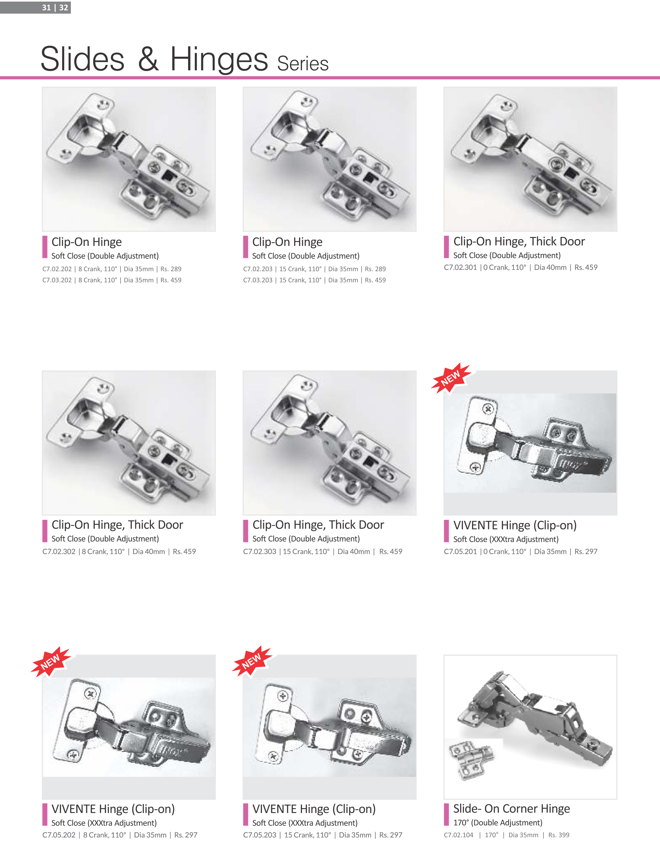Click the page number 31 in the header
pyautogui.click(x=46, y=7)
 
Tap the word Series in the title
pyautogui.click(x=303, y=64)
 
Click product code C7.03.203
pyautogui.click(x=258, y=280)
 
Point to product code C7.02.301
pyautogui.click(x=460, y=267)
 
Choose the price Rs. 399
pyautogui.click(x=559, y=835)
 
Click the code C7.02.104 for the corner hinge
pyautogui.click(x=459, y=835)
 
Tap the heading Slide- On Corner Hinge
pyautogui.click(x=511, y=809)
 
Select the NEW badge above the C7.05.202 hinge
pyautogui.click(x=51, y=662)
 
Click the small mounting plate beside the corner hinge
pyautogui.click(x=471, y=760)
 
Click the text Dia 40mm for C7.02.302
pyautogui.click(x=149, y=551)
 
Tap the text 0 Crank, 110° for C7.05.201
pyautogui.click(x=505, y=551)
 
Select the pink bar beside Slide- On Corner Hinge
pyautogui.click(x=446, y=814)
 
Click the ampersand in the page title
pyautogui.click(x=148, y=59)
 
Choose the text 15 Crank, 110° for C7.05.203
pyautogui.click(x=308, y=835)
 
